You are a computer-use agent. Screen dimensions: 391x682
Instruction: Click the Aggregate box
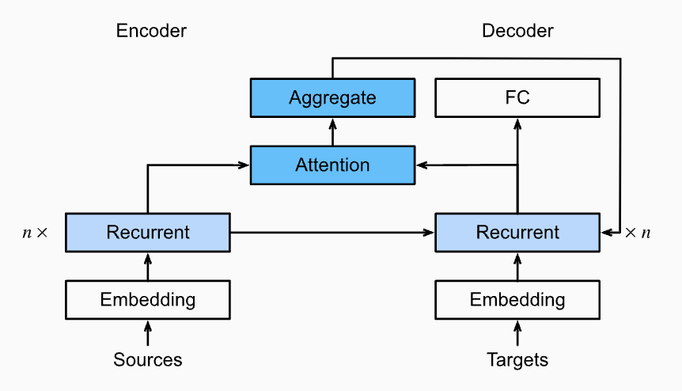point(332,97)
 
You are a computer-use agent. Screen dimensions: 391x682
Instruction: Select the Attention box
point(332,165)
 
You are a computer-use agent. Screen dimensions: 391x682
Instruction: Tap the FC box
point(517,97)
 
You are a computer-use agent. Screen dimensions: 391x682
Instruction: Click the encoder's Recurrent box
point(148,232)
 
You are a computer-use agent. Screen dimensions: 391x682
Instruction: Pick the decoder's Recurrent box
point(517,232)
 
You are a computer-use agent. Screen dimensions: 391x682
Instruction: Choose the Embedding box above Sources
point(148,300)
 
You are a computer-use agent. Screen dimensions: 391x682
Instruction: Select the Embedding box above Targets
point(517,300)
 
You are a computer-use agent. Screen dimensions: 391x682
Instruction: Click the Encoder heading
point(151,31)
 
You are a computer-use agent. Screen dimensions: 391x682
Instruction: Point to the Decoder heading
point(517,31)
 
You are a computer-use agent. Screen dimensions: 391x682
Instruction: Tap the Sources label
point(148,360)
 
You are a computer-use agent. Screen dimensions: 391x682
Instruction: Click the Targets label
point(517,360)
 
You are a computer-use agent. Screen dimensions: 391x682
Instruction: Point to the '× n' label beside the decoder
point(638,233)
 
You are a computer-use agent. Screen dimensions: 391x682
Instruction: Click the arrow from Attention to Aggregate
point(333,131)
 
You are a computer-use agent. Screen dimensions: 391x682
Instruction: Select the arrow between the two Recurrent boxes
point(332,233)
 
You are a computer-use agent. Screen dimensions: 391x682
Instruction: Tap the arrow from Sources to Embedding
point(148,332)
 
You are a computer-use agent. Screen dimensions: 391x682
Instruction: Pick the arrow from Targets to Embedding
point(517,332)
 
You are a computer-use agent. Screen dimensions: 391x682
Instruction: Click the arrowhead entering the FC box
point(517,123)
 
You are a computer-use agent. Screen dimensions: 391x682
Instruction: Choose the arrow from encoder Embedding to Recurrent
point(148,266)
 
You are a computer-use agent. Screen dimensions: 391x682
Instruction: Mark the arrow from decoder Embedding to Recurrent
point(517,266)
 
